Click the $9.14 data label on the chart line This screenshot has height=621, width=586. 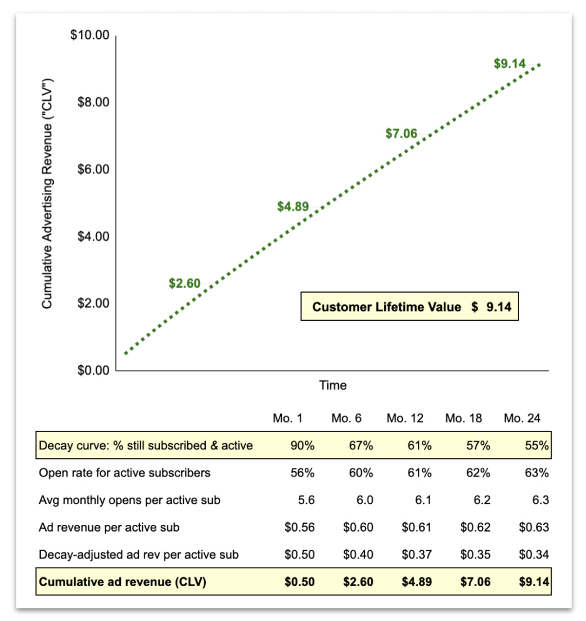coord(509,64)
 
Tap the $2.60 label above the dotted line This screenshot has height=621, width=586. coord(184,283)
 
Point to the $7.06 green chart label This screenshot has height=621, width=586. coord(401,134)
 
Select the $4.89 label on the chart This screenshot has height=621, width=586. coord(293,206)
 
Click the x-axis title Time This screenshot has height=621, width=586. coord(333,386)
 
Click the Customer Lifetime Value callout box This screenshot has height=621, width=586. coord(409,307)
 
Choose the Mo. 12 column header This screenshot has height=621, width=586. coord(405,418)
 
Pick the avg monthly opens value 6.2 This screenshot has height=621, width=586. coord(481,500)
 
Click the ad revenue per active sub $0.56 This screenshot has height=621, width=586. coord(299,527)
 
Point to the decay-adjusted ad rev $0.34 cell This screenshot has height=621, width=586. coord(534,555)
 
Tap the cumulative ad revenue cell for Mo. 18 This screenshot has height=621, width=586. coord(475,582)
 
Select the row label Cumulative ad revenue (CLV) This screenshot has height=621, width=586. coord(123,582)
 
